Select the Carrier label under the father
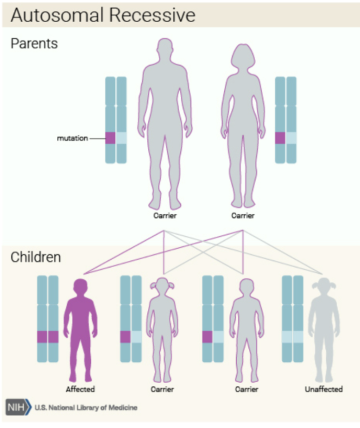164,215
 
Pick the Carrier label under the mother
242,215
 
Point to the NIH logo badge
17,408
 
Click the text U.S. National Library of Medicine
87,408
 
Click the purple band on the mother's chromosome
281,138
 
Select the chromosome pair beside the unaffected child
293,320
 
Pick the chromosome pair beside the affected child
47,320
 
